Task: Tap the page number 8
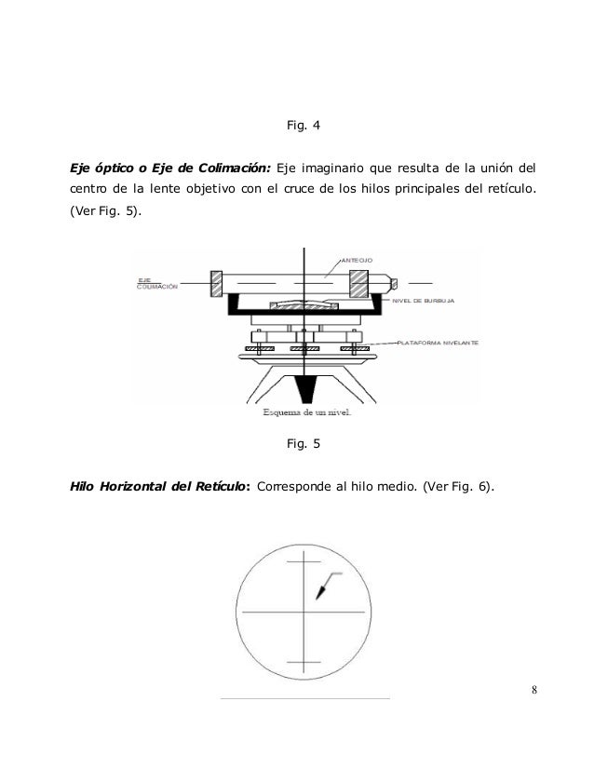pos(533,689)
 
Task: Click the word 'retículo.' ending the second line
pos(508,191)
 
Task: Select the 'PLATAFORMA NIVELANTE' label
pos(438,344)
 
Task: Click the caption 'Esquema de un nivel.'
pos(303,414)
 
